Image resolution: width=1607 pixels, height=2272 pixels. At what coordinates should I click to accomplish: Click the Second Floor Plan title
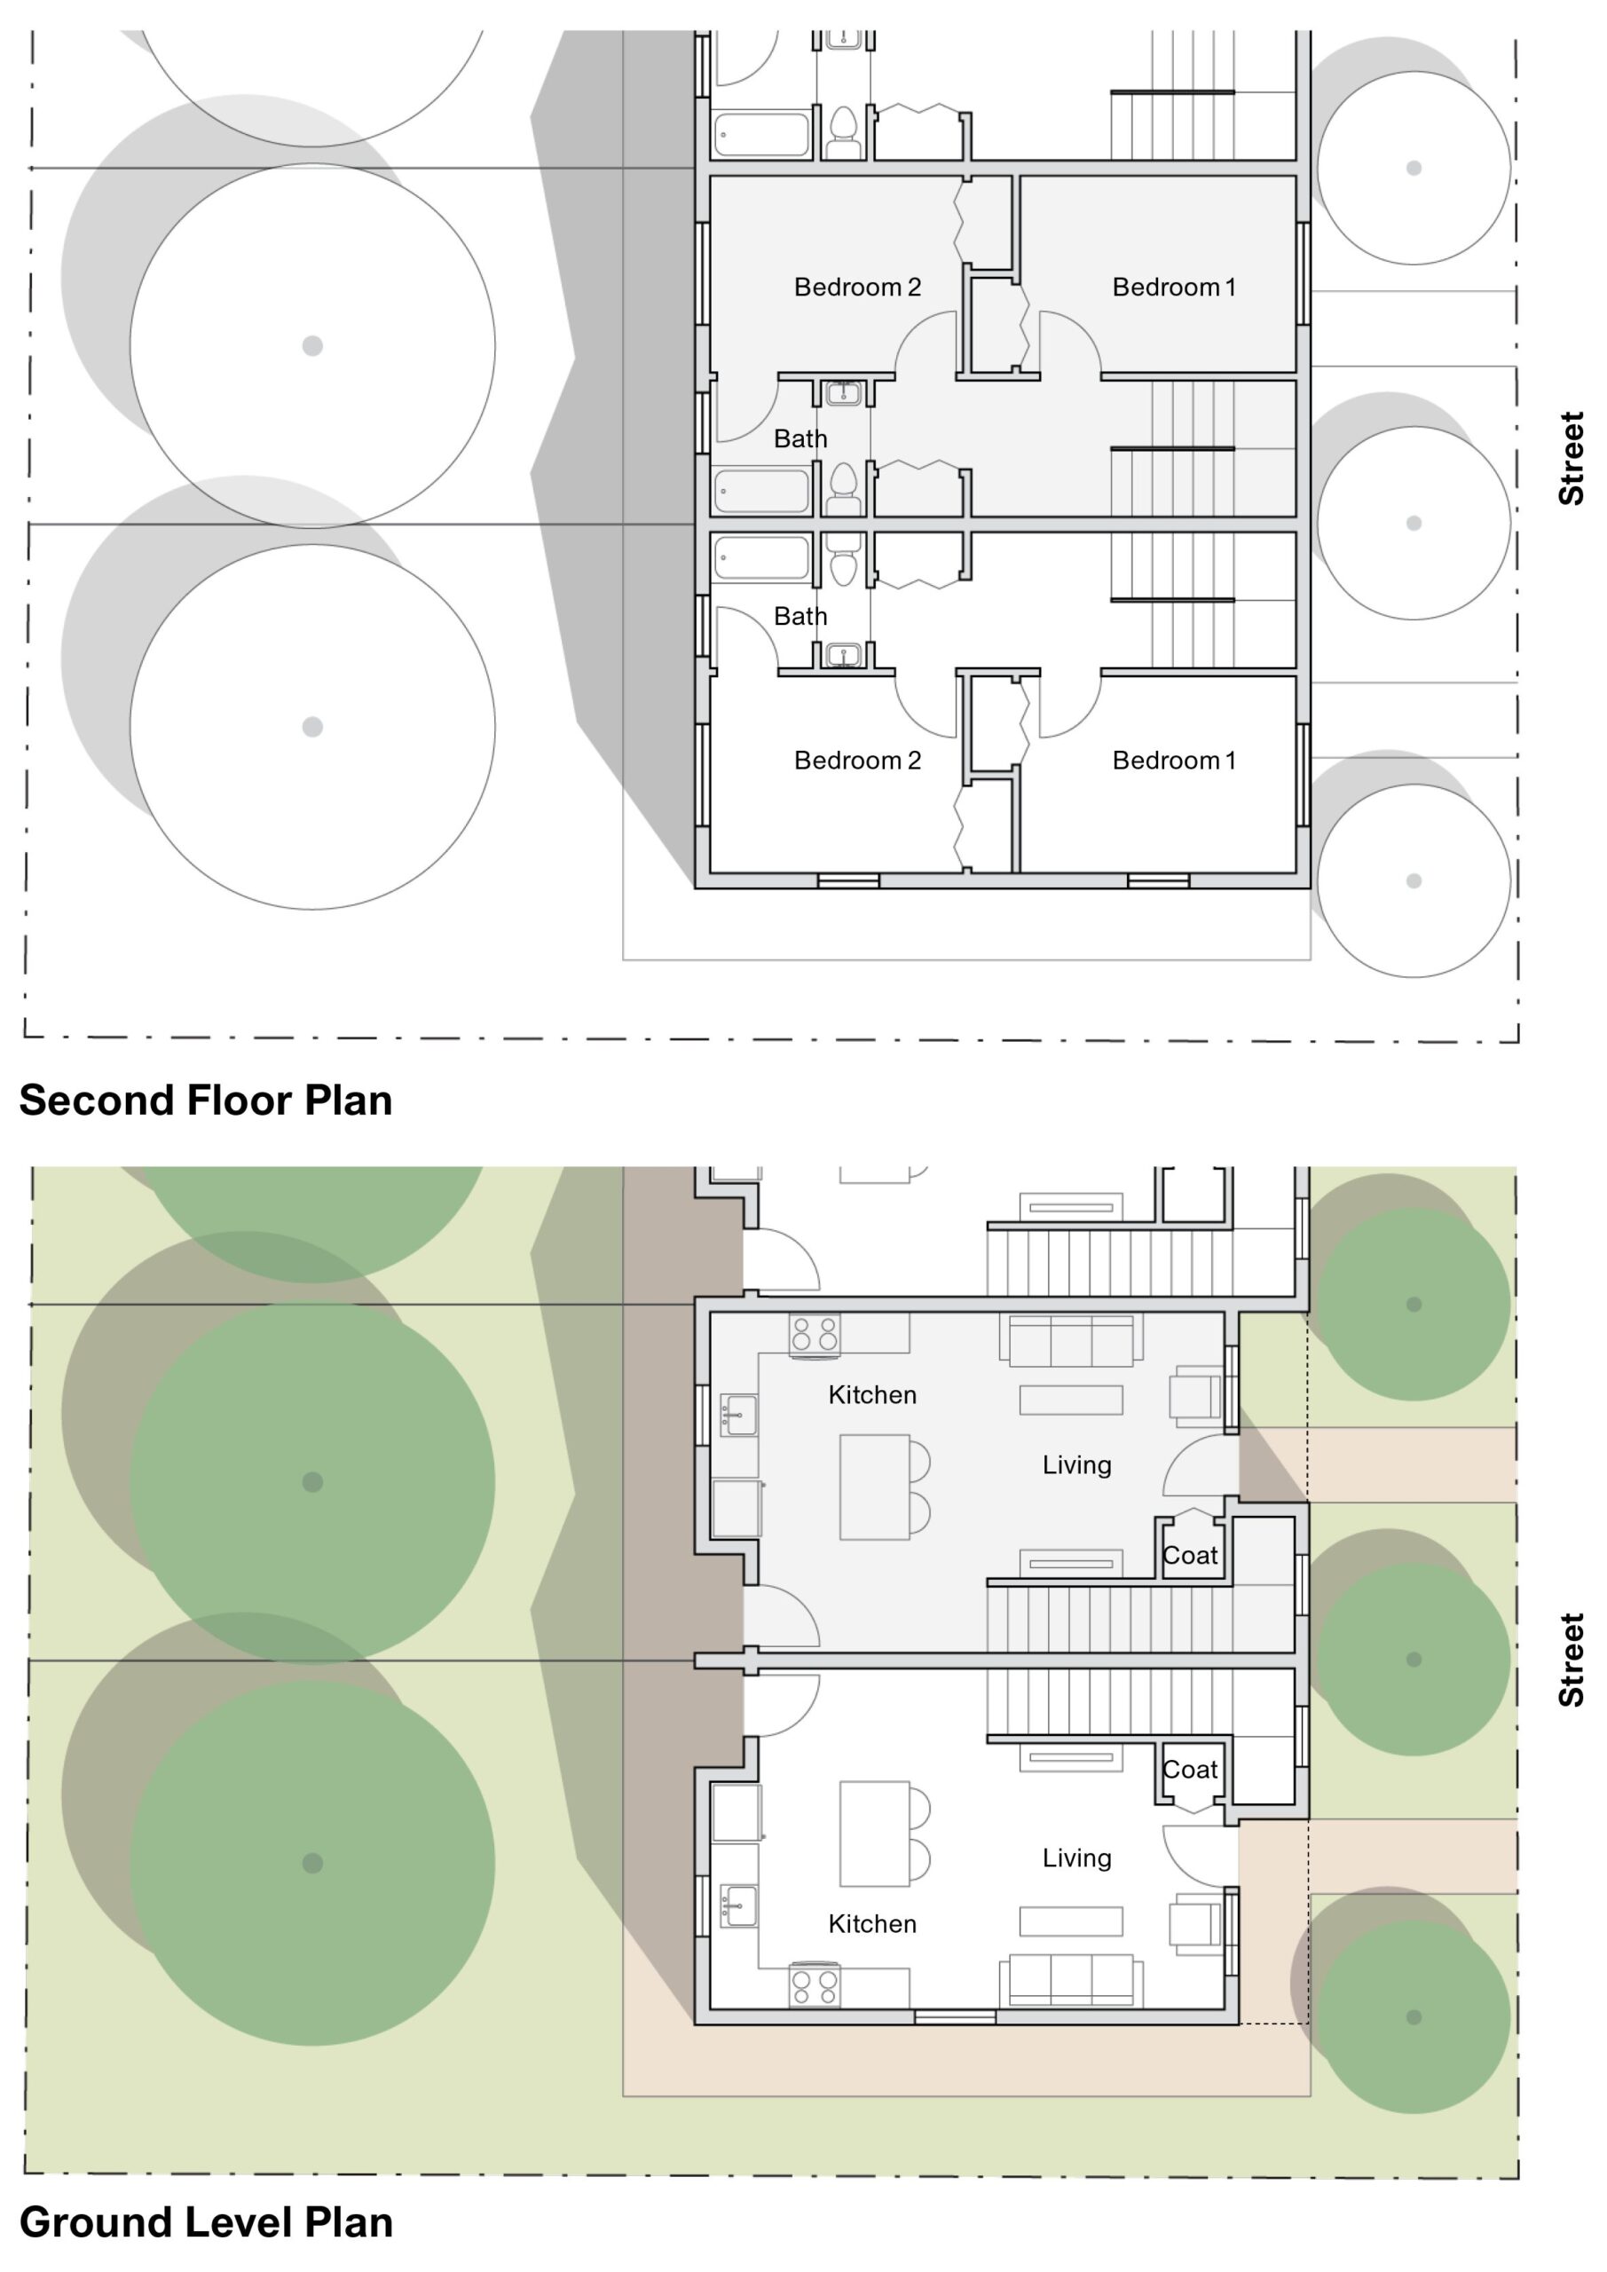(206, 1100)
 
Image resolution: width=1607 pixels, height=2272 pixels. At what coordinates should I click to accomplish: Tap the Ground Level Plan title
(206, 2222)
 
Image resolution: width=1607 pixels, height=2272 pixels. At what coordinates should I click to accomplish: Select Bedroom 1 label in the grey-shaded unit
(1174, 287)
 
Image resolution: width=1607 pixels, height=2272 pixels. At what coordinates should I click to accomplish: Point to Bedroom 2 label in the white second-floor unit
(857, 760)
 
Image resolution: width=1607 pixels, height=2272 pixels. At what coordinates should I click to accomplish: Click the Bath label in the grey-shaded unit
(800, 438)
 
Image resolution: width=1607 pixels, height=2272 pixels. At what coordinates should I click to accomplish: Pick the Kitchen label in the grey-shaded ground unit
(871, 1394)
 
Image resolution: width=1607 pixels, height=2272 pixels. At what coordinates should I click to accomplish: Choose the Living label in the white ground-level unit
(1076, 1858)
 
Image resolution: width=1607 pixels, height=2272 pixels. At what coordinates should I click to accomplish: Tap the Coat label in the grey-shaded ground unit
(1189, 1556)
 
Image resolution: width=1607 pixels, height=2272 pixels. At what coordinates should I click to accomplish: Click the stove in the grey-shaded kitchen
(815, 1334)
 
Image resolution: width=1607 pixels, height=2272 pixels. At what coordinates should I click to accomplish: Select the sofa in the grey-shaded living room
(1071, 1340)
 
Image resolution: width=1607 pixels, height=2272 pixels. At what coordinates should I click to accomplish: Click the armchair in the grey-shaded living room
(1196, 1396)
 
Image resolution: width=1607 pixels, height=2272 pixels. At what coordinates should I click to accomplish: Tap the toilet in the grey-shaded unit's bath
(843, 488)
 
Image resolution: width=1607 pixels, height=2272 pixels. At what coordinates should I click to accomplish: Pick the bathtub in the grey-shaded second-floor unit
(761, 492)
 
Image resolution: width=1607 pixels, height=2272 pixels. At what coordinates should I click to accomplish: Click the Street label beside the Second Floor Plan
(1572, 458)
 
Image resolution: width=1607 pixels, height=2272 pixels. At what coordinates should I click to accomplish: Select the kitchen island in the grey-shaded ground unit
(874, 1487)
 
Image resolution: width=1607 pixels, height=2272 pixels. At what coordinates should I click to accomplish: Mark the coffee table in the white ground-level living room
(1071, 1921)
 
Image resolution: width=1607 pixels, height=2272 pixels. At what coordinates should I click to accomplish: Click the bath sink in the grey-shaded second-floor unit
(843, 394)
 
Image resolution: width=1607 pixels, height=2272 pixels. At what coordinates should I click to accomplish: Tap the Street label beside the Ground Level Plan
(1572, 1660)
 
